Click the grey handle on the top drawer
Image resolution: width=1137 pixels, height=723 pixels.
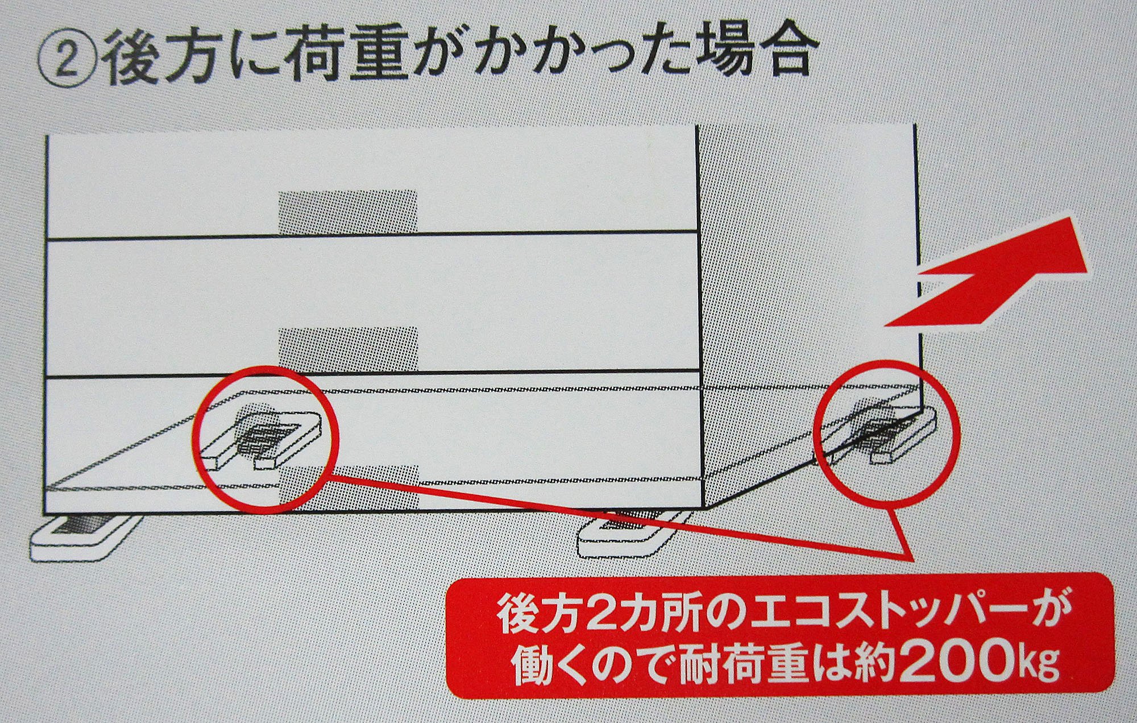click(347, 212)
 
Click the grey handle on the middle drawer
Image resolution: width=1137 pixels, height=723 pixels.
click(348, 350)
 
